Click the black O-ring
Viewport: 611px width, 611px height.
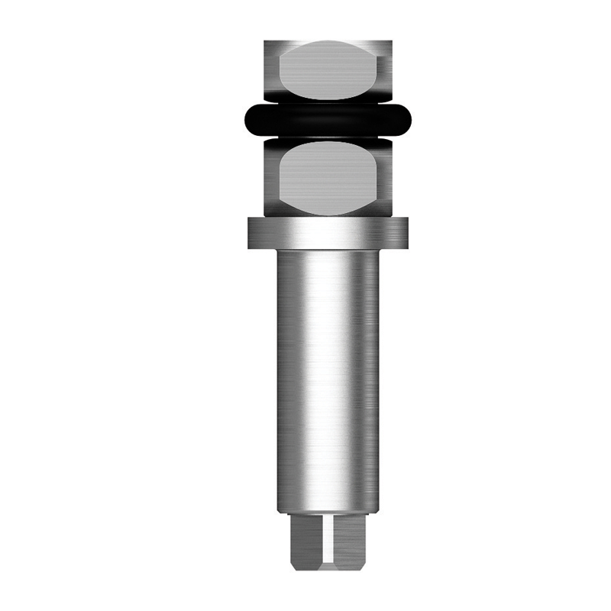[x=328, y=119]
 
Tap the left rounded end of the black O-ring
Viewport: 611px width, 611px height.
[x=249, y=119]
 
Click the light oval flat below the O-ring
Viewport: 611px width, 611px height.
[x=328, y=176]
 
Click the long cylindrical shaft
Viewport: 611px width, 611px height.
[x=328, y=382]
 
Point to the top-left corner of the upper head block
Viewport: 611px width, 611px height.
[x=266, y=43]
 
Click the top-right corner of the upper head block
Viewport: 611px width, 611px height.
[x=392, y=43]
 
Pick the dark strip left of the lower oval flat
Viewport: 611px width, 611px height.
[x=272, y=176]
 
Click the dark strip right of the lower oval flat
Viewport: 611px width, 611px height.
[x=386, y=176]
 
